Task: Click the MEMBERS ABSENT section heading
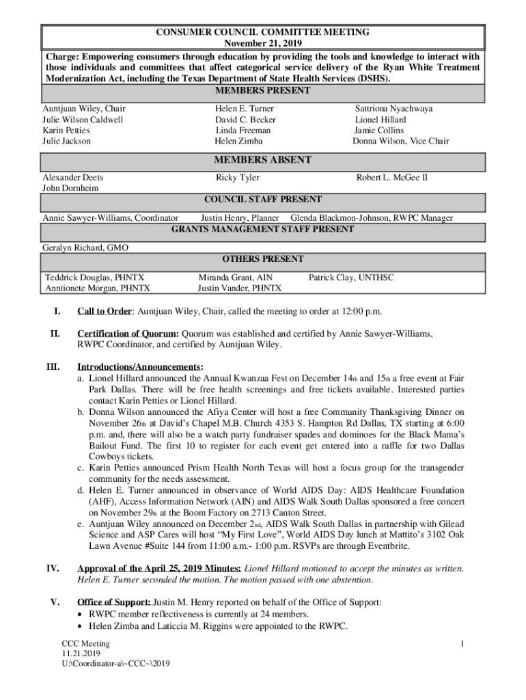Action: (263, 160)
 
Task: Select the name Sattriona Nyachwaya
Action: (393, 109)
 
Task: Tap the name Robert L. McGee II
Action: (391, 178)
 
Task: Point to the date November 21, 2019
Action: (263, 42)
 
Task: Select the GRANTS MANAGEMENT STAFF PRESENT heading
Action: (263, 230)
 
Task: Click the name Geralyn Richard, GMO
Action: (85, 247)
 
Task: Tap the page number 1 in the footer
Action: (462, 644)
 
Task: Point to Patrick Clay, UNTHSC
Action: (351, 278)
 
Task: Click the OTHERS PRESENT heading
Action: (263, 260)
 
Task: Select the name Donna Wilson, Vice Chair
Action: (401, 142)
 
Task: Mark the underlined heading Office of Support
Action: (114, 602)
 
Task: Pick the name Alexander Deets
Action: (73, 178)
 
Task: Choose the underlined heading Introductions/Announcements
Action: (139, 367)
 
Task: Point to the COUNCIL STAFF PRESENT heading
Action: (263, 200)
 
